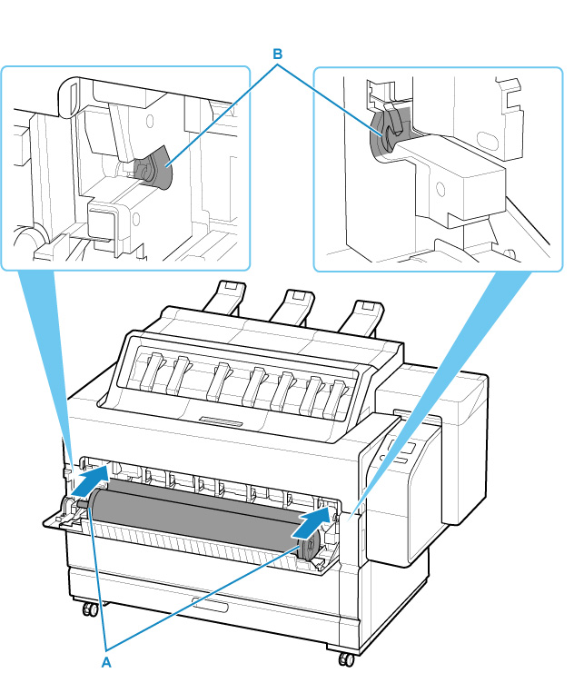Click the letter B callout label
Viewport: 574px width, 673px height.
[x=280, y=53]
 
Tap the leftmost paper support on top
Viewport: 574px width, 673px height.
[x=223, y=299]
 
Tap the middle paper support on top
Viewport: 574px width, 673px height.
[x=291, y=304]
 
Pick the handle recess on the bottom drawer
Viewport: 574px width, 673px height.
[x=210, y=603]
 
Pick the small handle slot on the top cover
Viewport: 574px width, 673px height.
[x=222, y=421]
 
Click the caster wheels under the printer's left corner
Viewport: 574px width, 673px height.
[x=89, y=607]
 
